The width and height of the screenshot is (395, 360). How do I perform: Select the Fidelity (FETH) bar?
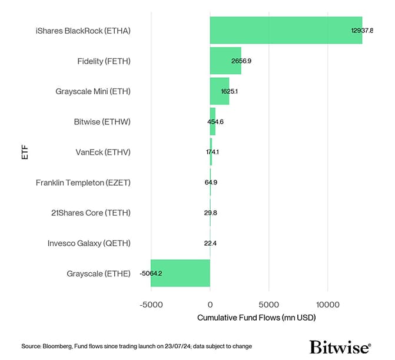coord(225,61)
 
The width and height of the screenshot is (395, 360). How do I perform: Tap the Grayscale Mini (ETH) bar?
coord(219,91)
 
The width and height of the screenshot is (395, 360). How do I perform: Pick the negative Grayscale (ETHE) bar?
coord(180,273)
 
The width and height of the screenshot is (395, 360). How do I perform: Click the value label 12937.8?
coord(362,31)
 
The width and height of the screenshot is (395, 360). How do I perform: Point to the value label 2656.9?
coord(241,61)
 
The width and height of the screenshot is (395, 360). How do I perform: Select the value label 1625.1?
coord(229,92)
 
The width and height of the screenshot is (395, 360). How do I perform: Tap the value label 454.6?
coord(215,122)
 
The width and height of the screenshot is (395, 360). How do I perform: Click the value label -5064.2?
coord(151,273)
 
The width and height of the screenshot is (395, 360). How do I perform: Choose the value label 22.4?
coord(210,243)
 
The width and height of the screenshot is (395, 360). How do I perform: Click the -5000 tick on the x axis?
coord(151,305)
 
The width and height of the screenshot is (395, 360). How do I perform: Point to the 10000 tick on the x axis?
coord(328,305)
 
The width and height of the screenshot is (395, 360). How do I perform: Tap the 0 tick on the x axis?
coord(210,305)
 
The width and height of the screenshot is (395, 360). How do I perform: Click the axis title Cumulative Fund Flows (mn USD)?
coord(256,318)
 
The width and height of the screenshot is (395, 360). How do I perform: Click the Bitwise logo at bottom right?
coord(340,346)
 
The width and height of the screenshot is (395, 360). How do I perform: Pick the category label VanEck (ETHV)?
coord(103,152)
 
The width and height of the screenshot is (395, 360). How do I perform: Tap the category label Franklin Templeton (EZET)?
coord(83,183)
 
